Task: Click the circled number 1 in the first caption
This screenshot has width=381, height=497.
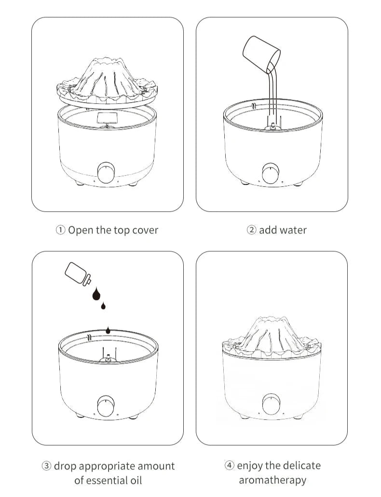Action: pyautogui.click(x=60, y=230)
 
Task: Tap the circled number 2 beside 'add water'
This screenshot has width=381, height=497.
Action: pyautogui.click(x=251, y=230)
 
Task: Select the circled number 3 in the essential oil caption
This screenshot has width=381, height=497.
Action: pyautogui.click(x=47, y=466)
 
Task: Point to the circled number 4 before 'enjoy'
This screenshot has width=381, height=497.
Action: pyautogui.click(x=229, y=465)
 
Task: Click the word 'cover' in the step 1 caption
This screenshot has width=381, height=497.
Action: pyautogui.click(x=145, y=230)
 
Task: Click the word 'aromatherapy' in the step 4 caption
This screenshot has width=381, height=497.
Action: pyautogui.click(x=272, y=480)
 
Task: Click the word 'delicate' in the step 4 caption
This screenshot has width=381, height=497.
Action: pyautogui.click(x=300, y=465)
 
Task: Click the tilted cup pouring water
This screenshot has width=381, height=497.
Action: pyautogui.click(x=261, y=53)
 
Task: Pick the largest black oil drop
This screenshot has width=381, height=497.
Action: pyautogui.click(x=96, y=294)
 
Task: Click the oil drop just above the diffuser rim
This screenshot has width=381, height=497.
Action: pyautogui.click(x=109, y=330)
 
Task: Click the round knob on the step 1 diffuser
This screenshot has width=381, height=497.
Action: pyautogui.click(x=106, y=173)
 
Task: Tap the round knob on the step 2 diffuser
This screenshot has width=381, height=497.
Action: pyautogui.click(x=271, y=173)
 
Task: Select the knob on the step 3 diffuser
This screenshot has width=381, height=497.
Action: pyautogui.click(x=106, y=406)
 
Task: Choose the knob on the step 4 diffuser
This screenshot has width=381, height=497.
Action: pyautogui.click(x=271, y=404)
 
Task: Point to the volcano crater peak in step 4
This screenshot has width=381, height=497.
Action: pyautogui.click(x=271, y=319)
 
